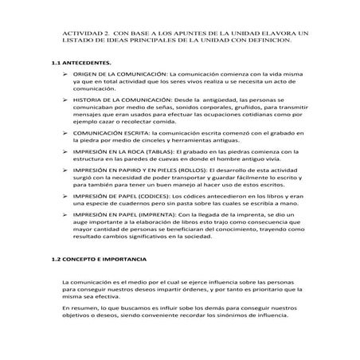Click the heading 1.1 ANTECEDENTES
click(x=80, y=61)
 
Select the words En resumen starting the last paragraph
click(x=81, y=315)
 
